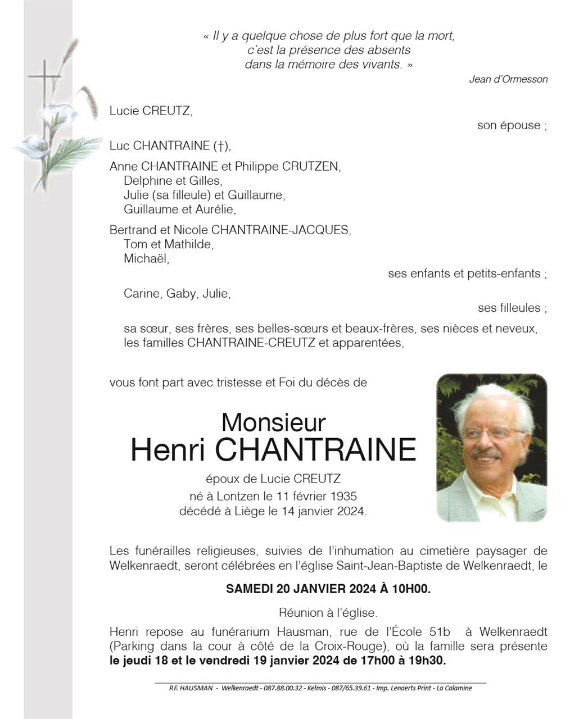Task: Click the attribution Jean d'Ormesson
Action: (508, 79)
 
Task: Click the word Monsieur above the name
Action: (274, 422)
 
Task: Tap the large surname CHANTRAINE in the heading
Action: (316, 449)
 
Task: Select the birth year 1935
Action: (343, 497)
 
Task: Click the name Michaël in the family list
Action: (146, 258)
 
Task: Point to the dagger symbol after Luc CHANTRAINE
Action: (220, 146)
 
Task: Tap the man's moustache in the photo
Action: (485, 452)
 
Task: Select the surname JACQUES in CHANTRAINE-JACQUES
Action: (323, 230)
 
